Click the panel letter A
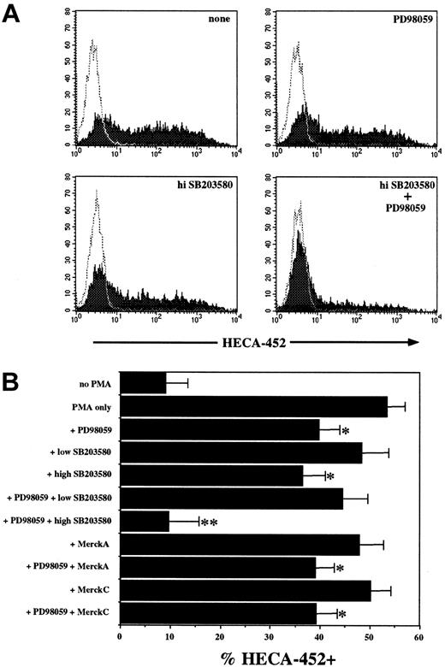pos(15,15)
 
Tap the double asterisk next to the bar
pos(208,547)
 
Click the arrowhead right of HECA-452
pos(413,340)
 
